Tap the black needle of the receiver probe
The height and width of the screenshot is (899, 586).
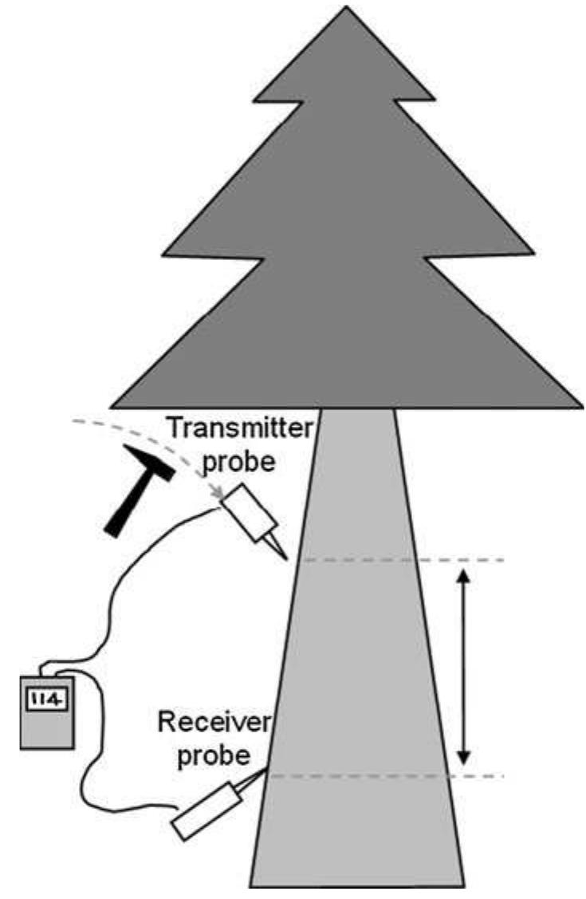[258, 777]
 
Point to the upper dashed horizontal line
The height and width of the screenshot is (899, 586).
[399, 561]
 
